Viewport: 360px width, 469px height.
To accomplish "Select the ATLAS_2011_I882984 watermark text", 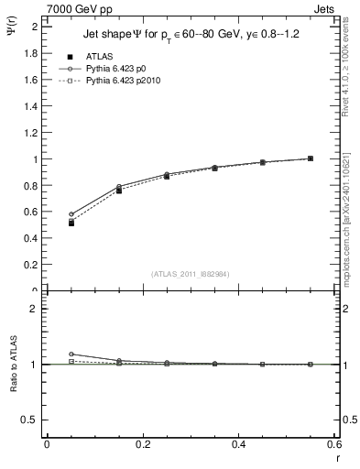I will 190,273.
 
